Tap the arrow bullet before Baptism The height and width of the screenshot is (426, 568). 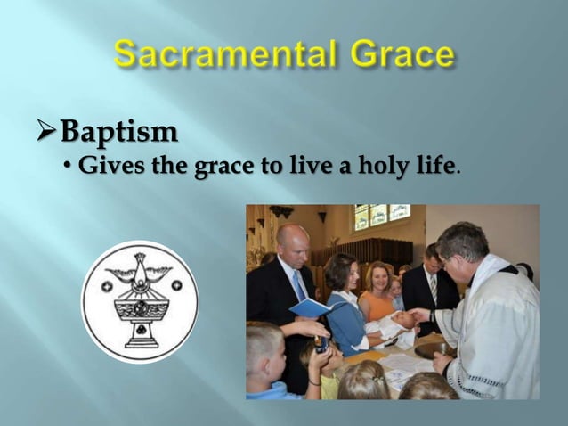coord(42,133)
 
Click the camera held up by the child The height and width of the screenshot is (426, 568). coord(321,343)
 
